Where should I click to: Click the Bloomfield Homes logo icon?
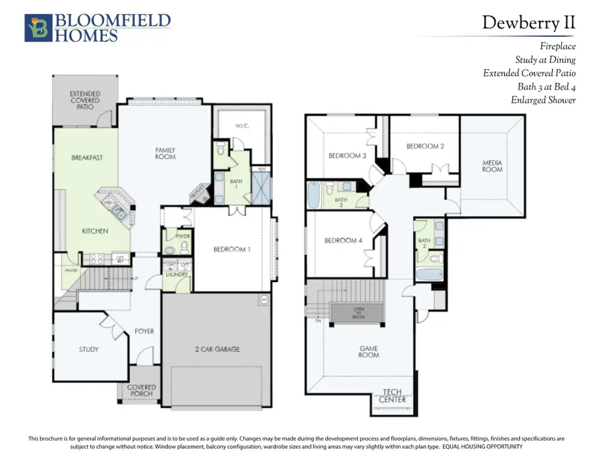pyautogui.click(x=37, y=28)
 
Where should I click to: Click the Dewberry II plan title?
pyautogui.click(x=528, y=22)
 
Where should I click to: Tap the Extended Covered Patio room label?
pyautogui.click(x=85, y=100)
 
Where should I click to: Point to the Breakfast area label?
pyautogui.click(x=87, y=157)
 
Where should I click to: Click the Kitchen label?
pyautogui.click(x=95, y=231)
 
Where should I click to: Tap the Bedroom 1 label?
pyautogui.click(x=231, y=249)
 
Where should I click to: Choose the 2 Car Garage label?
pyautogui.click(x=217, y=349)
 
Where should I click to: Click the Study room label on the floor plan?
pyautogui.click(x=88, y=349)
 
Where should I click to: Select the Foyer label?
pyautogui.click(x=144, y=331)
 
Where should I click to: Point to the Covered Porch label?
pyautogui.click(x=142, y=390)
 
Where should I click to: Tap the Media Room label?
pyautogui.click(x=492, y=165)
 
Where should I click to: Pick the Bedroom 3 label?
pyautogui.click(x=347, y=156)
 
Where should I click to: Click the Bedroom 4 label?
pyautogui.click(x=343, y=240)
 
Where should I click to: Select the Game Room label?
pyautogui.click(x=369, y=351)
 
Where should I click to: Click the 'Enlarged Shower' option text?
pyautogui.click(x=543, y=100)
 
